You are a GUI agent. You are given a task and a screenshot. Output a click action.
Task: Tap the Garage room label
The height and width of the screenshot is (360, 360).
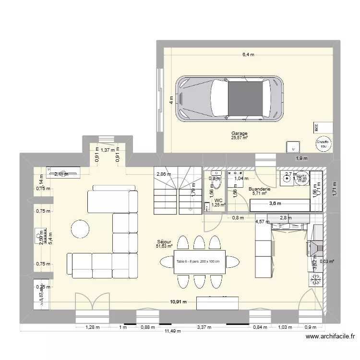pos(239,134)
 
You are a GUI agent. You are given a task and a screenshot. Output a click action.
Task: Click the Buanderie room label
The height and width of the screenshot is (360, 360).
pos(259,190)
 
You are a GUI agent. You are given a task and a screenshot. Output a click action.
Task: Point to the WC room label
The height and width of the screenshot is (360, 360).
pos(218,201)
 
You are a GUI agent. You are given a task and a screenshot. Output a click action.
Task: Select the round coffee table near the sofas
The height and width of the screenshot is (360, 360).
pos(80,228)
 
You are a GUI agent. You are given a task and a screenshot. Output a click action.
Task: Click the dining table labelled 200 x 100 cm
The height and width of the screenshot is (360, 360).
pos(198,262)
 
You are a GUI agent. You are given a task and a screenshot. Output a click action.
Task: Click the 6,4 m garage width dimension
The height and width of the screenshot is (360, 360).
pos(248,55)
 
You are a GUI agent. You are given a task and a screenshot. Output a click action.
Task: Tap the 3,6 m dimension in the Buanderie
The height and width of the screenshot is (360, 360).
pos(275,204)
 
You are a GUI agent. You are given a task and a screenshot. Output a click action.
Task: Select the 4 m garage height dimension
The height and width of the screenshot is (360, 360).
pos(170,100)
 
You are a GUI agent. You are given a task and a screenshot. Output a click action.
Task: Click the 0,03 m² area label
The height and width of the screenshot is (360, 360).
pos(327,262)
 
